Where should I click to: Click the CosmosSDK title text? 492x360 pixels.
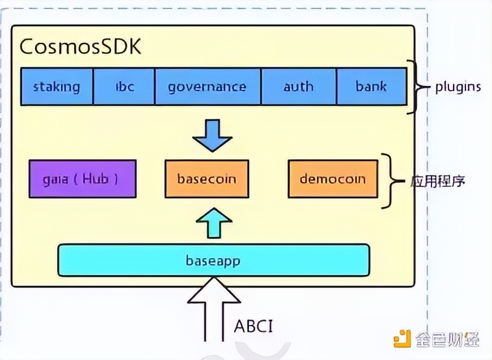(80, 46)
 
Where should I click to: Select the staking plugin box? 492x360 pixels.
(57, 87)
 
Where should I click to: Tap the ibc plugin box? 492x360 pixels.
(123, 87)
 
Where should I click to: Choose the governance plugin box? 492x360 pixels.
(208, 87)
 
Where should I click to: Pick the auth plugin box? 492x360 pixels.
(299, 87)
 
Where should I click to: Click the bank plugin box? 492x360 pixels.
(372, 87)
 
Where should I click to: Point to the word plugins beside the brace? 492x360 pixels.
(458, 87)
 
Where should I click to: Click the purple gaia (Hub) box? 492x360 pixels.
(82, 179)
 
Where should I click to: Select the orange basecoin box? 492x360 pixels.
(206, 179)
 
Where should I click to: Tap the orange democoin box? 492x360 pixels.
(333, 179)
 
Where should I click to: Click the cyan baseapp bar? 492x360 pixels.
(213, 260)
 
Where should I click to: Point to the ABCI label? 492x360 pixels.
(254, 327)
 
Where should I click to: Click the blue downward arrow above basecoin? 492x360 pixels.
(212, 135)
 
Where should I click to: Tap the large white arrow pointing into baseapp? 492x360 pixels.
(213, 308)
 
